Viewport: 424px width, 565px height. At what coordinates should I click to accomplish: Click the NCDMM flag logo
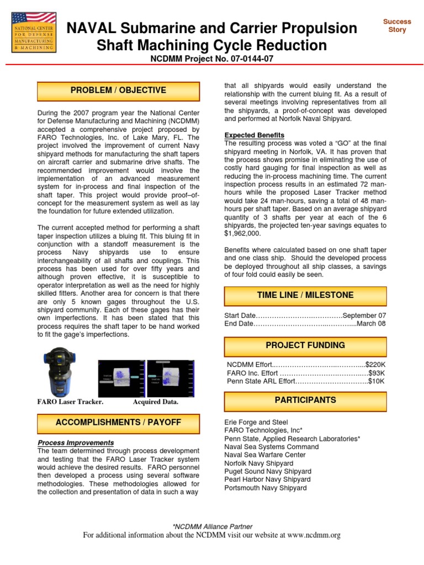point(33,33)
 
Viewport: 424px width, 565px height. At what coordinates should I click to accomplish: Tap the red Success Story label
point(397,25)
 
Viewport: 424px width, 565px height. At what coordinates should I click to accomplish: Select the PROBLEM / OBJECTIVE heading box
point(118,90)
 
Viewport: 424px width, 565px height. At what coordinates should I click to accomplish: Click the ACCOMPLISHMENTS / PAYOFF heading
point(118,423)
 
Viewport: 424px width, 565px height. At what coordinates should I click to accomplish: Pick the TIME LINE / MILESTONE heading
point(305,295)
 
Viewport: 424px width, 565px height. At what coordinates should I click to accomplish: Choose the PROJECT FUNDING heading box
point(305,345)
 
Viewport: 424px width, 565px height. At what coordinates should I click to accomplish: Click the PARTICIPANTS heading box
point(305,400)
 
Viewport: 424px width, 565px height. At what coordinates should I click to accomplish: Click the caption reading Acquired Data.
point(156,402)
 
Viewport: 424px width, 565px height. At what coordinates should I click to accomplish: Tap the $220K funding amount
point(375,365)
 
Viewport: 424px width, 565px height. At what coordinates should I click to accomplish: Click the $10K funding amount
point(377,381)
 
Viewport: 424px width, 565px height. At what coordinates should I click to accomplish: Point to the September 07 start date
point(364,316)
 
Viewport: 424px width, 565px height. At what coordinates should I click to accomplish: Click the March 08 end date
point(371,323)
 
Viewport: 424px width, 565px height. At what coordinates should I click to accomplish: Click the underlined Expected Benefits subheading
point(255,135)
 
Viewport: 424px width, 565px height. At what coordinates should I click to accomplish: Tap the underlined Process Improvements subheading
point(76,443)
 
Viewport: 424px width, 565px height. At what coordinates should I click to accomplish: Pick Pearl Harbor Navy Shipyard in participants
point(267,479)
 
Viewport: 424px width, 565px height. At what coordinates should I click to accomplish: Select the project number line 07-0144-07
point(211,58)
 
